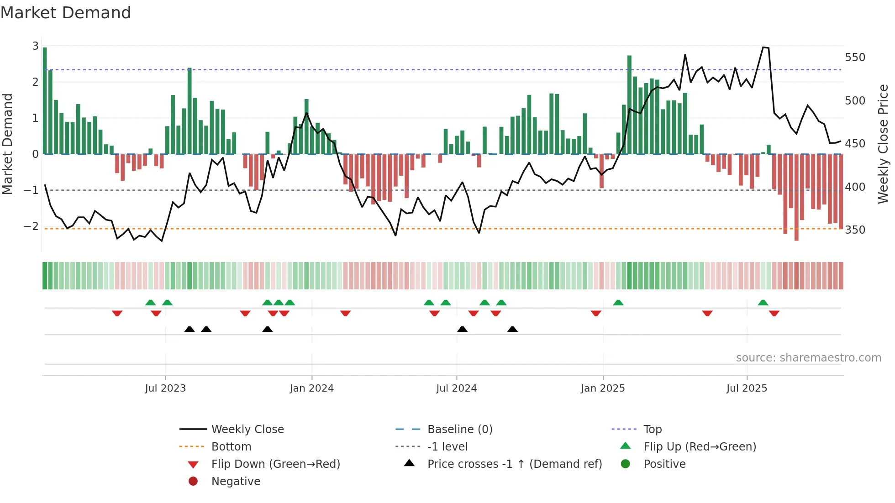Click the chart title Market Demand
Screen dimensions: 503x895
[x=66, y=13]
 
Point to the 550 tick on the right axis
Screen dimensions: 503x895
[x=855, y=58]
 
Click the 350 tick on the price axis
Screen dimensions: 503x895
[x=855, y=230]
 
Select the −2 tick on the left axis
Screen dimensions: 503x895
[x=31, y=226]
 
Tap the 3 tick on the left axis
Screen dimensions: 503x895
[x=35, y=46]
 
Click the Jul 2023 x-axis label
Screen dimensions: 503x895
[x=165, y=388]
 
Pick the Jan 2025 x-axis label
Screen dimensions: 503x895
[x=603, y=388]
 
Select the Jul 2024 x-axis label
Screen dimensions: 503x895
[x=456, y=388]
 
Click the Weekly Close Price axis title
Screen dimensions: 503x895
[x=883, y=144]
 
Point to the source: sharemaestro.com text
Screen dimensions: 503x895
[x=808, y=358]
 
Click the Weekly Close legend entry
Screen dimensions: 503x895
[x=247, y=430]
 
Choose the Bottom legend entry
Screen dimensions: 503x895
[x=231, y=447]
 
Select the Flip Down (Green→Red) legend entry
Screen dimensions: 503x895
[x=275, y=464]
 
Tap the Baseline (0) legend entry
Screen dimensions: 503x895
[x=459, y=430]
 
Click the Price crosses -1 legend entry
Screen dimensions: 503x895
[x=514, y=464]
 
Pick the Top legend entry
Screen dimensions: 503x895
[x=653, y=430]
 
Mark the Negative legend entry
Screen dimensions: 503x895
[x=236, y=482]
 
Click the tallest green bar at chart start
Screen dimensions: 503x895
[x=45, y=100]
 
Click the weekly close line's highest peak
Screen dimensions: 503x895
[x=763, y=47]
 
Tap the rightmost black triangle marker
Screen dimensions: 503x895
[x=512, y=330]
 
